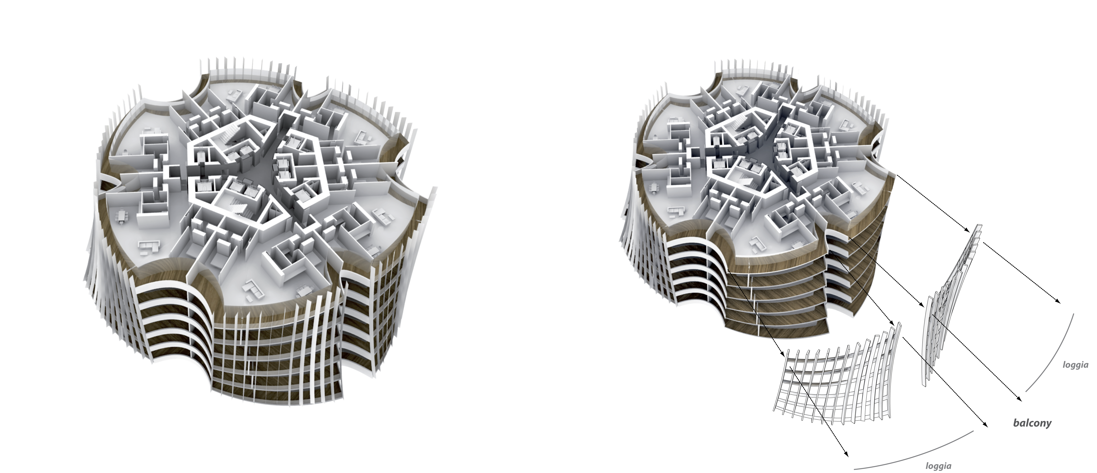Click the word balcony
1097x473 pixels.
click(1032, 423)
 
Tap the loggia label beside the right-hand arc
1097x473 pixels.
click(1075, 365)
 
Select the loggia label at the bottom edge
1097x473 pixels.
click(935, 466)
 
